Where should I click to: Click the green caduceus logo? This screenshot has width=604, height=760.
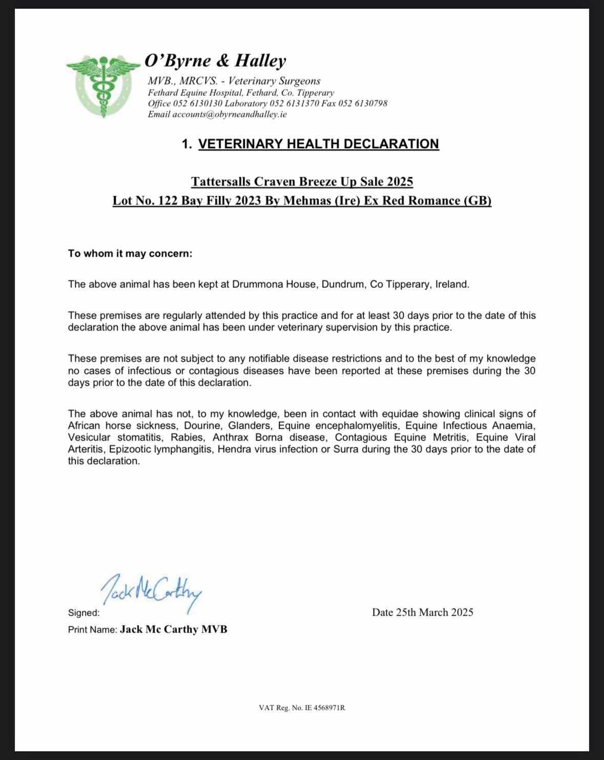coord(103,85)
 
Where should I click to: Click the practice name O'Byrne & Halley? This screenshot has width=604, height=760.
coord(215,61)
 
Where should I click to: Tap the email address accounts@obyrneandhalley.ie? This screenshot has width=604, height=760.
coord(229,114)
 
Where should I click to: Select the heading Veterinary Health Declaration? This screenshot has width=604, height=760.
coord(318,144)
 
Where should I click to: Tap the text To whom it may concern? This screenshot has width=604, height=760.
coord(130,254)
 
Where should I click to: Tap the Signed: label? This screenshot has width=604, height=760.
coord(84,613)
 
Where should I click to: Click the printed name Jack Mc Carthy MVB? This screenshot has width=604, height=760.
coord(173,629)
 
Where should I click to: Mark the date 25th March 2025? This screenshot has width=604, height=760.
coord(434,613)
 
